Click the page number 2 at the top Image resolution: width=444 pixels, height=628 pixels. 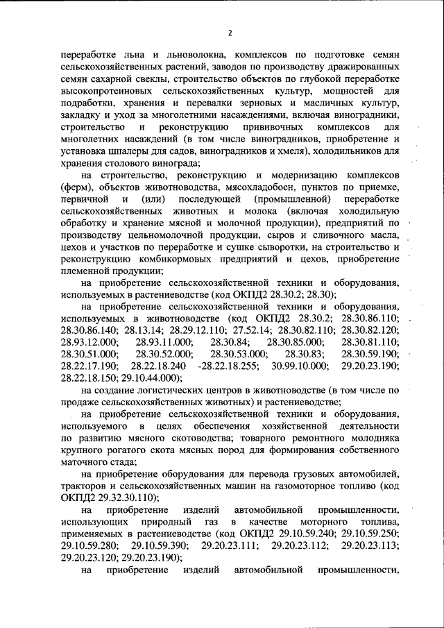click(230, 33)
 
